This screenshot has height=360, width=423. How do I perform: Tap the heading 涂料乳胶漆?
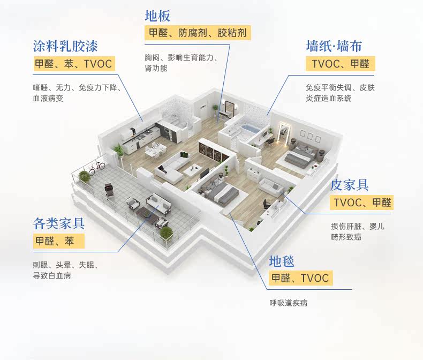point(65,46)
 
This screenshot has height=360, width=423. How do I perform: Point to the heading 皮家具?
point(349,185)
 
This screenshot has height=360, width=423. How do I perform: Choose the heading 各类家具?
point(59,223)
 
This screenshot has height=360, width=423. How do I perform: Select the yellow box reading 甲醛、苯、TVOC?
point(73,64)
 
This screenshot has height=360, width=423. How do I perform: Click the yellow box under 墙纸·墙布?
point(341,64)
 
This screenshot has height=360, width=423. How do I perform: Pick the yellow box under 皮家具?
point(362,203)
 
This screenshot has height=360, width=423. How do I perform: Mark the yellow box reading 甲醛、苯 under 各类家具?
point(58,241)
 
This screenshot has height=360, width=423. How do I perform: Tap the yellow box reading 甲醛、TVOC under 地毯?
point(300,278)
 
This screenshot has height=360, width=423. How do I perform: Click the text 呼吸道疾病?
point(289,303)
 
